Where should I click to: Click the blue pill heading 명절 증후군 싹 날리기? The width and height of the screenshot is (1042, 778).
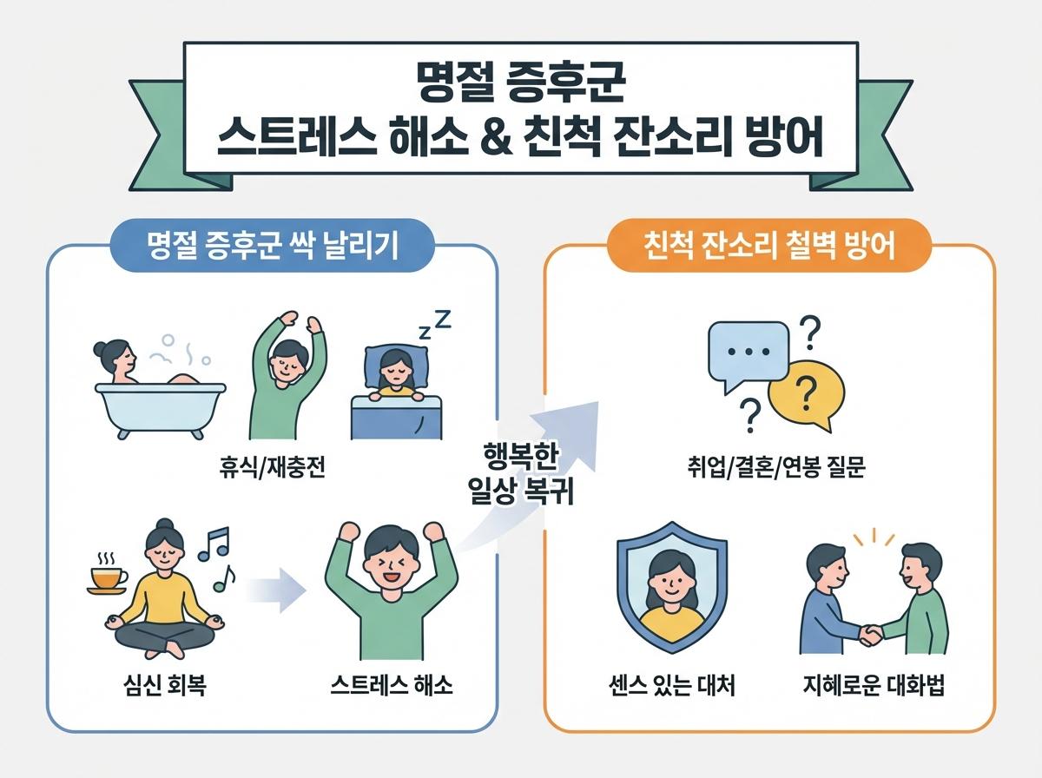point(273,246)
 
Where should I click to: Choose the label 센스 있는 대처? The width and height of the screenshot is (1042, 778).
point(672,687)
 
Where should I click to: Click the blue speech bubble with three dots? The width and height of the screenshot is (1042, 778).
point(746,354)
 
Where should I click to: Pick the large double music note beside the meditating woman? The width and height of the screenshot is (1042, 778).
point(212,543)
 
